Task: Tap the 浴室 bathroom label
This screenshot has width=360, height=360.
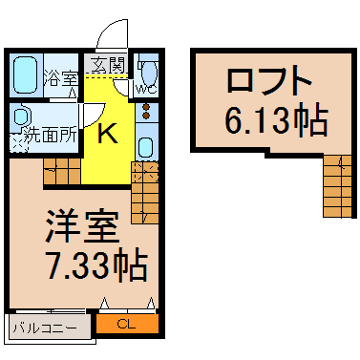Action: (x=61, y=78)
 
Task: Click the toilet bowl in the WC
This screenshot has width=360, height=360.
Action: (x=149, y=73)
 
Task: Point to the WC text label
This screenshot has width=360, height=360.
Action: (x=146, y=90)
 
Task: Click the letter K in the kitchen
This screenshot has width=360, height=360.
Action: (x=107, y=134)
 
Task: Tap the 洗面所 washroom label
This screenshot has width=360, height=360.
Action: (x=51, y=135)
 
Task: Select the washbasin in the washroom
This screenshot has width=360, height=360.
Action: (x=21, y=116)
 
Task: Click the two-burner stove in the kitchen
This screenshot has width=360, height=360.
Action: (x=146, y=111)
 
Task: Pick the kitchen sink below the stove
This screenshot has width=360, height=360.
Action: (x=146, y=147)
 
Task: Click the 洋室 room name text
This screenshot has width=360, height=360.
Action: (x=82, y=226)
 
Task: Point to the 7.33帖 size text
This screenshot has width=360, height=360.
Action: (x=97, y=265)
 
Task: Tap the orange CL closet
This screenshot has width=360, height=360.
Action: (x=127, y=324)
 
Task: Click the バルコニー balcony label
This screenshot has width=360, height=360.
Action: (x=45, y=328)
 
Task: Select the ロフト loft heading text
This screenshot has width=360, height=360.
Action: (x=269, y=79)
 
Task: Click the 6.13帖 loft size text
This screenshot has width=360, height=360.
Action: (x=276, y=120)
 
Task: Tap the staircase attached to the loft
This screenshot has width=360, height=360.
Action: (x=337, y=186)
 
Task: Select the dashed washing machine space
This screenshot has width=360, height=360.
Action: (x=18, y=143)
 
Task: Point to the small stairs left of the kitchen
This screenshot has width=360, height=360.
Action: (x=62, y=171)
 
